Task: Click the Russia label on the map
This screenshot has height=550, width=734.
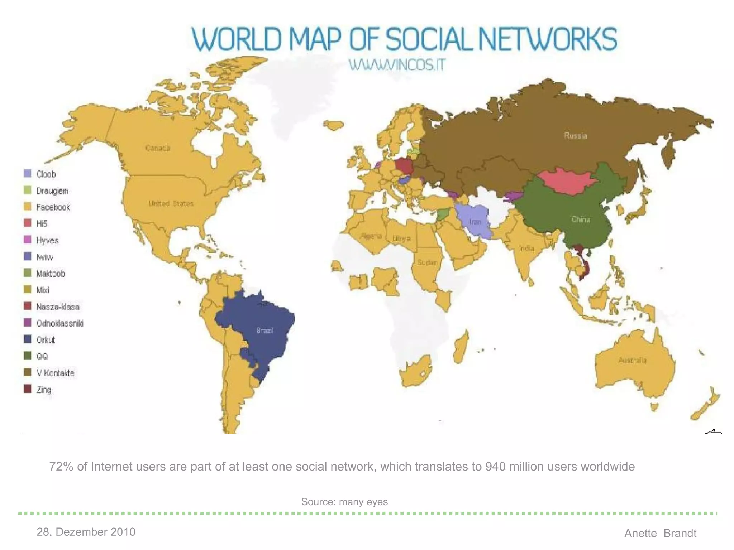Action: click(x=576, y=135)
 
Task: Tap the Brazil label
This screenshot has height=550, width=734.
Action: click(x=265, y=330)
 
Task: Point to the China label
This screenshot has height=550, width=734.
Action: click(x=581, y=219)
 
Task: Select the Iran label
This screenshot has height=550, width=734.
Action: click(x=475, y=222)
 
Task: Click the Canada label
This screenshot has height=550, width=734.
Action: click(x=158, y=148)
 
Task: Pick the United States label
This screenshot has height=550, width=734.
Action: click(x=171, y=203)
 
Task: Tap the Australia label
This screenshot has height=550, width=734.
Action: click(x=633, y=360)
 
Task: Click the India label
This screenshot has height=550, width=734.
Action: click(x=526, y=248)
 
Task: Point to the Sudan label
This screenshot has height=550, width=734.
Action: click(x=427, y=262)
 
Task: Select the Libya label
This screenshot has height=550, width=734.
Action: click(x=401, y=238)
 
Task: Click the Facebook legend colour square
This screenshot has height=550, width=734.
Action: click(x=28, y=207)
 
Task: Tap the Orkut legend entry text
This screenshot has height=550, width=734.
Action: click(x=46, y=340)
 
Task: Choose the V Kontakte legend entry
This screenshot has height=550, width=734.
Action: click(x=55, y=373)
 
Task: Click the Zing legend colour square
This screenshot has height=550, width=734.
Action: click(x=28, y=389)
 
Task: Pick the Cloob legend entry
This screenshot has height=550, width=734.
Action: click(x=46, y=174)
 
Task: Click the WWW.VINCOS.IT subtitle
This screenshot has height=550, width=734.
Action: click(x=397, y=65)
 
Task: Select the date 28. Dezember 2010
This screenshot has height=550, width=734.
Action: click(x=86, y=532)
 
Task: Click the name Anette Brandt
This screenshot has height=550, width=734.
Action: click(x=660, y=533)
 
